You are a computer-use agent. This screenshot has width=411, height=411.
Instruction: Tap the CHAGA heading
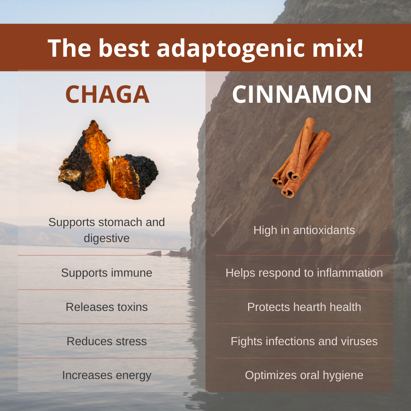pyautogui.click(x=107, y=94)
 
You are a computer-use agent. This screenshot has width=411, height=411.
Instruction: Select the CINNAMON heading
pyautogui.click(x=302, y=94)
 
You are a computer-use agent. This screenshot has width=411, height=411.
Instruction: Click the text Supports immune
pyautogui.click(x=107, y=273)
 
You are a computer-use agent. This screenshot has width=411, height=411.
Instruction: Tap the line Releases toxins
pyautogui.click(x=107, y=307)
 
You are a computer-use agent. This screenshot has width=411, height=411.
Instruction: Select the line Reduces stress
pyautogui.click(x=107, y=341)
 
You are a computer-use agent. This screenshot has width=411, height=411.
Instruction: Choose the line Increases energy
pyautogui.click(x=107, y=375)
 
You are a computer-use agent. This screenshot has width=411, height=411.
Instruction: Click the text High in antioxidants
pyautogui.click(x=304, y=230)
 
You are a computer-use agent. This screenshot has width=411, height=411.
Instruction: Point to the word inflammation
pyautogui.click(x=350, y=273)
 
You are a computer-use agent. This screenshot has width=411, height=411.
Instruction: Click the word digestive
pyautogui.click(x=107, y=239)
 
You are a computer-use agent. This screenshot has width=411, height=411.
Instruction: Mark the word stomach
pyautogui.click(x=121, y=222)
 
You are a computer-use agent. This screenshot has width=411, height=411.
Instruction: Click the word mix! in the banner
pyautogui.click(x=338, y=48)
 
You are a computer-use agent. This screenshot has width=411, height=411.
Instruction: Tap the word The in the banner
pyautogui.click(x=69, y=48)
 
